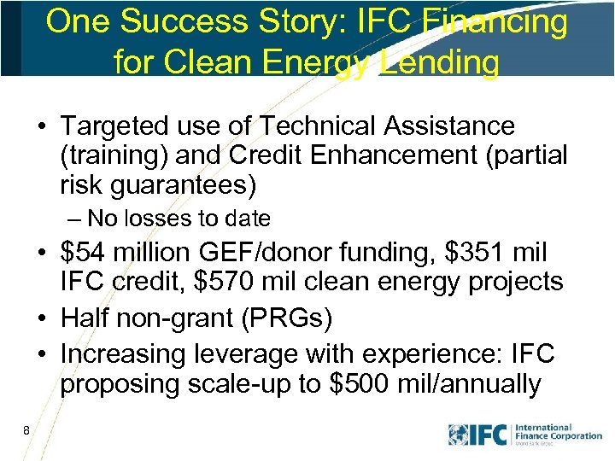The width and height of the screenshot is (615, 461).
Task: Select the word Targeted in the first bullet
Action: pos(114,126)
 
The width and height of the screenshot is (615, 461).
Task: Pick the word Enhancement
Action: pos(407,156)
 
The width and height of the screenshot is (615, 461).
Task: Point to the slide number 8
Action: pos(27,430)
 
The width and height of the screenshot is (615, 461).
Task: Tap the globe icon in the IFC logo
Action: pos(459,435)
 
